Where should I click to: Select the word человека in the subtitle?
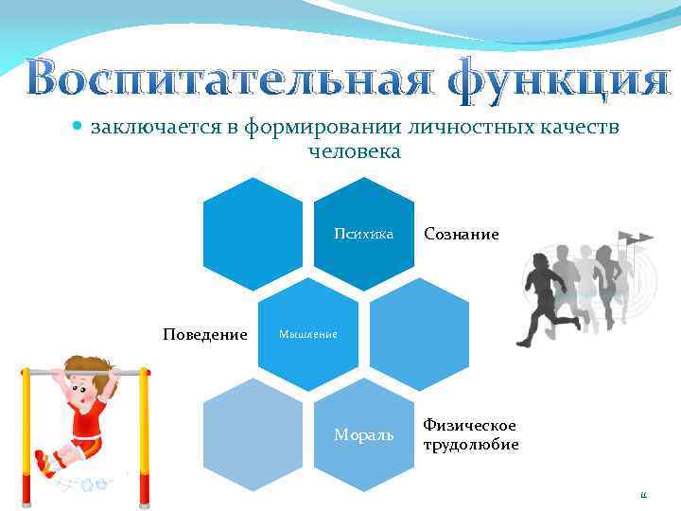355,151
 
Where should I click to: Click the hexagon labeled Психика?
364,234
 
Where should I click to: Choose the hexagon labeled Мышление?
309,334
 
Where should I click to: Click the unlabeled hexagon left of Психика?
253,234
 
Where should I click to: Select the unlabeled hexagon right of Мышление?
419,334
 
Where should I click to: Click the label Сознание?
461,234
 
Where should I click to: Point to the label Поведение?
205,335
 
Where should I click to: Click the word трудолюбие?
470,445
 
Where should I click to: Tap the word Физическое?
469,426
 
